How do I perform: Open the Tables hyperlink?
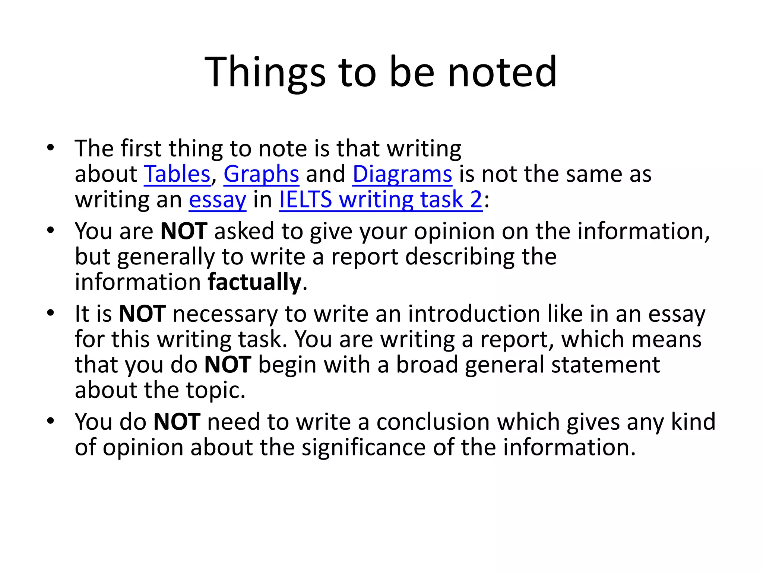pos(177,174)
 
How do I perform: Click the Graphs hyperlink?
pos(261,174)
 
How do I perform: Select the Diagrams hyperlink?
pos(402,174)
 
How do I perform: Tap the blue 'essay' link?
pos(218,200)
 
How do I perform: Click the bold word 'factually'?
pos(254,282)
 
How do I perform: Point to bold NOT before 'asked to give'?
pos(184,231)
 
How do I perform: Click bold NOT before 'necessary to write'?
pos(142,314)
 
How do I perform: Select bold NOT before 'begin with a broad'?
pos(228,365)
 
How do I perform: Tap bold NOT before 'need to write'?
pos(177,422)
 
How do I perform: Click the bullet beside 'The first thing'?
pos(51,148)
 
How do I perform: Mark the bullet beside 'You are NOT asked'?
pos(51,231)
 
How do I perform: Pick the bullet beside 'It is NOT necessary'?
pos(51,313)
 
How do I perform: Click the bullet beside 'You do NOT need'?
pos(51,421)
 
